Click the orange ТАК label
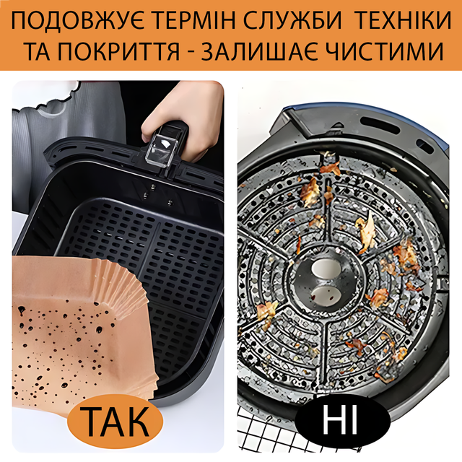(x=115, y=422)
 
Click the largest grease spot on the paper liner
(x=21, y=310)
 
